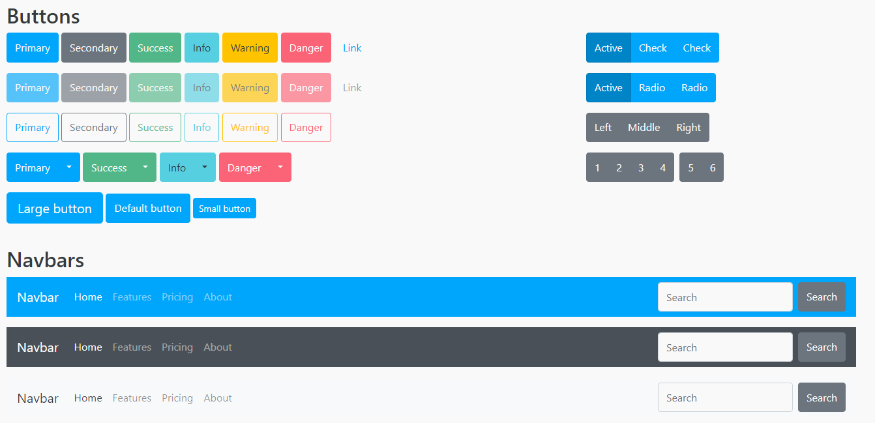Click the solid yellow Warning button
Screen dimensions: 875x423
point(250,48)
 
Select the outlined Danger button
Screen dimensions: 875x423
point(306,128)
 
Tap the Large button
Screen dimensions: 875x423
point(55,209)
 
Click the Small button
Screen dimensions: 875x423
point(224,209)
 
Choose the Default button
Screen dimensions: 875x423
point(148,209)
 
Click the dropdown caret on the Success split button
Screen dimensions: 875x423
point(145,168)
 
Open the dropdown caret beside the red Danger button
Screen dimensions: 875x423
point(280,168)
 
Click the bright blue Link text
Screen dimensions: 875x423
point(352,48)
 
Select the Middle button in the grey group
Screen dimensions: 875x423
point(644,128)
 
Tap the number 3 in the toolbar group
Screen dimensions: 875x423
point(641,168)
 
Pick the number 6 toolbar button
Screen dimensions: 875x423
point(713,168)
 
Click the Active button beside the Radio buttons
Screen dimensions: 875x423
point(608,88)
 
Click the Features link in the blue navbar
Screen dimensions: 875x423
point(132,297)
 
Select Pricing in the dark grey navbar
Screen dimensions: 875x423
point(177,347)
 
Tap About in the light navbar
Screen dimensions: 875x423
point(218,398)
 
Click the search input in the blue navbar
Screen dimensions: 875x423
point(725,297)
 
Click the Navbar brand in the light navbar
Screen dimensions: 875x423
point(38,398)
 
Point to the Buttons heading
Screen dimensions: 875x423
point(43,16)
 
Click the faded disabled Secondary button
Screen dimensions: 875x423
point(94,88)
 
